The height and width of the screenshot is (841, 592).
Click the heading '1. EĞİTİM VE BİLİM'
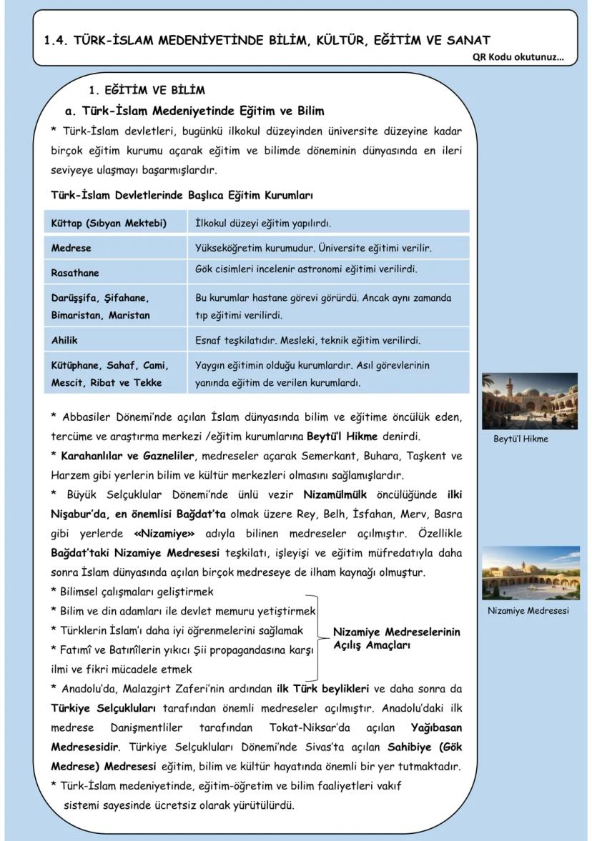click(x=146, y=91)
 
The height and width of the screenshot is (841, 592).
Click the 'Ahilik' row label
click(x=64, y=340)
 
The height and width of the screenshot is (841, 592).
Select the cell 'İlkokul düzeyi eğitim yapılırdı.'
click(x=263, y=224)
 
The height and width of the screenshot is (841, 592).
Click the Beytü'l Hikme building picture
click(x=530, y=400)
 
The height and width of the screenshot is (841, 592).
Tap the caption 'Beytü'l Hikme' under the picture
click(x=521, y=439)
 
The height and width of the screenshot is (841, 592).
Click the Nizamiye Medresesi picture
click(x=530, y=573)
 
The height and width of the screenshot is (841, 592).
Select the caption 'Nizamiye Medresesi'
click(x=528, y=611)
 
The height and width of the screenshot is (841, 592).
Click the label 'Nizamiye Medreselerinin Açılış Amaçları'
click(x=397, y=638)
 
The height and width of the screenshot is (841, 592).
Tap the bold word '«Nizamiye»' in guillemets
click(x=160, y=534)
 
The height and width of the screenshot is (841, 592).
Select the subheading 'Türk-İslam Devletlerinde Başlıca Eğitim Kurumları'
click(x=182, y=195)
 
